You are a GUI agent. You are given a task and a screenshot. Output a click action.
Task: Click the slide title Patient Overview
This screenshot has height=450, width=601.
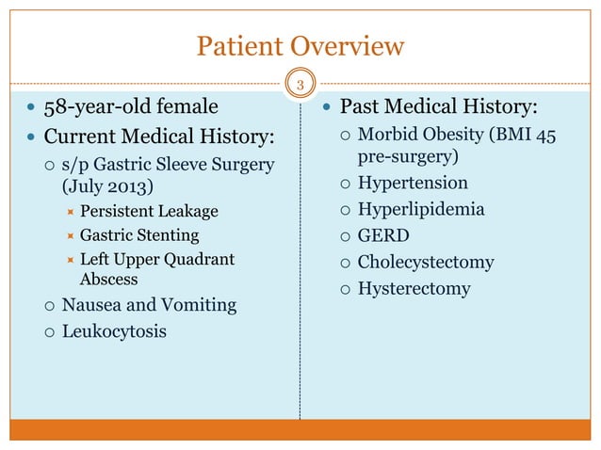click(x=300, y=45)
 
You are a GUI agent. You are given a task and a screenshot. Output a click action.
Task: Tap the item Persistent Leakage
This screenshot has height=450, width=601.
click(x=149, y=210)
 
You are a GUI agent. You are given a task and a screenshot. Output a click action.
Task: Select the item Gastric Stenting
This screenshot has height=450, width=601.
click(x=139, y=234)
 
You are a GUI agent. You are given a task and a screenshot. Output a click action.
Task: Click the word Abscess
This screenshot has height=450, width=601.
click(x=108, y=280)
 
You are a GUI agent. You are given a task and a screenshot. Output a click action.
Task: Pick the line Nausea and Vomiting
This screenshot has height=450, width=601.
click(x=149, y=305)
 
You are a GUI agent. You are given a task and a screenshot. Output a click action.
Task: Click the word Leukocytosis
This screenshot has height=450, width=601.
click(x=114, y=331)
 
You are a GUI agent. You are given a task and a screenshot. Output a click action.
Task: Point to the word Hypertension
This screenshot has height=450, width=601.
click(x=413, y=182)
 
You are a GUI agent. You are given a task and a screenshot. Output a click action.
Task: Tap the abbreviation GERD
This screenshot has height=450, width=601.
click(x=383, y=235)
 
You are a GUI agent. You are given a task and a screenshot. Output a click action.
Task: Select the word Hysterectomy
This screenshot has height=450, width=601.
click(x=414, y=288)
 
